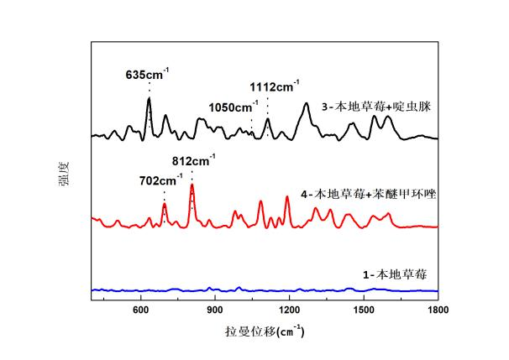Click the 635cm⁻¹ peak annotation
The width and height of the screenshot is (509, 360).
click(147, 73)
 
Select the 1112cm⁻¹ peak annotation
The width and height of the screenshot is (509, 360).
click(273, 86)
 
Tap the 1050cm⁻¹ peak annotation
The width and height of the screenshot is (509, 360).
click(233, 107)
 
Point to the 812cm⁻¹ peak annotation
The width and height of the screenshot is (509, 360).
click(193, 160)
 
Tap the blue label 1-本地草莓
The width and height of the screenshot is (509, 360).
click(390, 273)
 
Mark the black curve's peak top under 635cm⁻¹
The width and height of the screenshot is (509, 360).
click(149, 99)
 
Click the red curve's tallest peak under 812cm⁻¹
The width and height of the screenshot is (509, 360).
click(192, 185)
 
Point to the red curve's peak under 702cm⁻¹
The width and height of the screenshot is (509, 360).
click(165, 205)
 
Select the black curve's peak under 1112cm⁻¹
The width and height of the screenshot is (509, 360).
click(268, 119)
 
